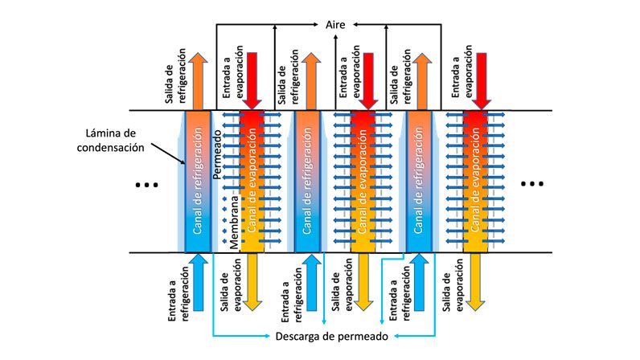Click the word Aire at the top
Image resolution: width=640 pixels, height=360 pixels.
click(334, 25)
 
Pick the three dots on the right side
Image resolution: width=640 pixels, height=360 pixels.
click(532, 184)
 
